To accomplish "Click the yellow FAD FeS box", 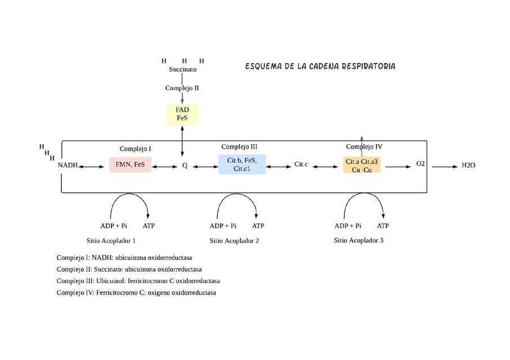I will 182,114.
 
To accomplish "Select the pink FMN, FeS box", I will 130,165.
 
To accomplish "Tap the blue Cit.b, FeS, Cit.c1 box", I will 242,164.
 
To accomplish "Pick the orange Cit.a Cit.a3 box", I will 361,165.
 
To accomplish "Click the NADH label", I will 68,165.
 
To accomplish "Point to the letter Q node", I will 185,166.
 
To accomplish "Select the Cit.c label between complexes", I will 301,165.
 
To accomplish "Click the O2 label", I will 420,164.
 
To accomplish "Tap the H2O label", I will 468,165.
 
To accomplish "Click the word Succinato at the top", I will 183,69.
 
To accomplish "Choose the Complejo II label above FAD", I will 182,88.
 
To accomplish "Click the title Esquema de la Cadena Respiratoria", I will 320,66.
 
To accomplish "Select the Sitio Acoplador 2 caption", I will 234,241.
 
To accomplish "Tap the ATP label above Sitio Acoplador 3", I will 383,226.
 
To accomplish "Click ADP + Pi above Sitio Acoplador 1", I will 113,226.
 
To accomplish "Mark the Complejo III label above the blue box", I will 239,146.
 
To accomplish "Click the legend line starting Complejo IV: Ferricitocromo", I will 136,292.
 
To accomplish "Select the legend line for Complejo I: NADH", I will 128,258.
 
